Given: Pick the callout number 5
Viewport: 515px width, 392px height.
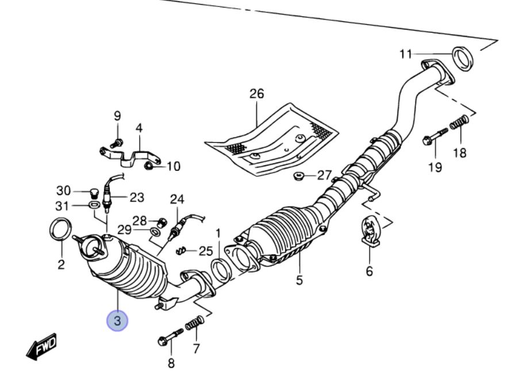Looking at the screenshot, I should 299,281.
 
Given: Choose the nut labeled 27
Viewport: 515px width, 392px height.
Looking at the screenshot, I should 298,176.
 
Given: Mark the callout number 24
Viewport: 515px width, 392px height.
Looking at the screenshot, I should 177,200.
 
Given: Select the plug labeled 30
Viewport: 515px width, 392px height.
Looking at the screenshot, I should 91,191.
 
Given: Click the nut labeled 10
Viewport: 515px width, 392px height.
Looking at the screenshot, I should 148,166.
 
